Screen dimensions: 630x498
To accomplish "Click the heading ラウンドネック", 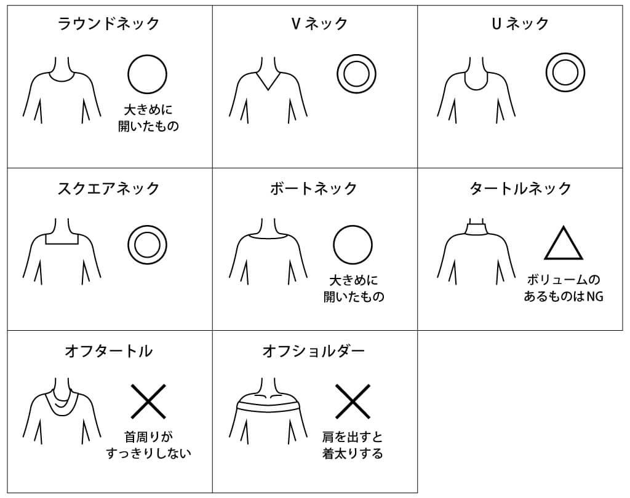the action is coord(109,24).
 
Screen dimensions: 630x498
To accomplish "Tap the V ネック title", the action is coord(319,24).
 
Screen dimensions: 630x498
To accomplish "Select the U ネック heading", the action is coord(520,24).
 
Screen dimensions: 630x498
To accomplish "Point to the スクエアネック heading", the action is coord(109,188).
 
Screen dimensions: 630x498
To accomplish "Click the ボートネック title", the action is coord(314,188).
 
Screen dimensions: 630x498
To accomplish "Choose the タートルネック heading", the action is coord(520,188).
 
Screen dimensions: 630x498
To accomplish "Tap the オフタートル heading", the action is coord(109,351).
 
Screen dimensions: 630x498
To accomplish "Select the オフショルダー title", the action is coord(314,351).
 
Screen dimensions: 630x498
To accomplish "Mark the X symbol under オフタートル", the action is coord(148,401).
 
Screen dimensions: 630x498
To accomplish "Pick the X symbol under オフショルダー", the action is coord(353,401).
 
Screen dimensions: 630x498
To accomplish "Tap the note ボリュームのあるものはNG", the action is coord(564,288).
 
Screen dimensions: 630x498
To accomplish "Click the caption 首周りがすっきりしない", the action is coord(148,445).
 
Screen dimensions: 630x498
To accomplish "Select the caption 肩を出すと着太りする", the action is coord(353,445).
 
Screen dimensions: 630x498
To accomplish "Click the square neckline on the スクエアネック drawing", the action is coord(62,244).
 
